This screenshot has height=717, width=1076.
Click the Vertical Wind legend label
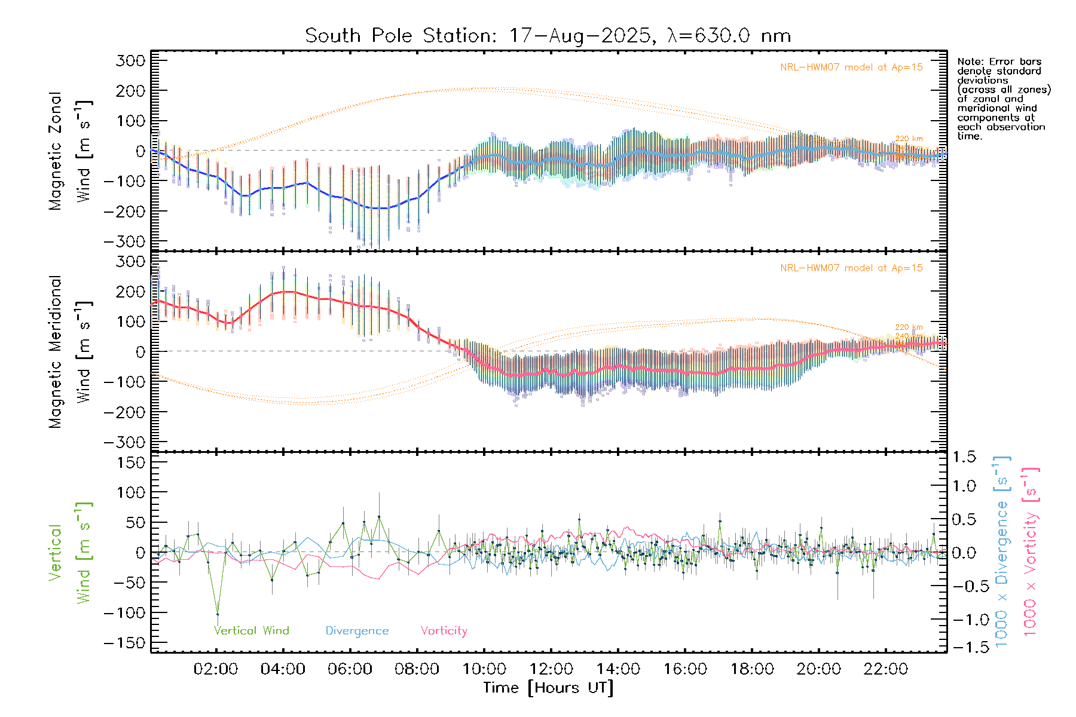click(x=251, y=630)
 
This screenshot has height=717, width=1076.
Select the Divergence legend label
click(x=357, y=630)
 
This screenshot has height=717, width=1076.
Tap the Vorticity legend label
click(x=444, y=630)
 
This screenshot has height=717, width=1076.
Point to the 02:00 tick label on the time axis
click(x=216, y=669)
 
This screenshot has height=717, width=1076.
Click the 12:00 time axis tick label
click(x=551, y=669)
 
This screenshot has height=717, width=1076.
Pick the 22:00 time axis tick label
click(x=885, y=669)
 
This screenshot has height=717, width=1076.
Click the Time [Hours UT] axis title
click(x=548, y=688)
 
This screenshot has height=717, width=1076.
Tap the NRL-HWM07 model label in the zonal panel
click(x=851, y=68)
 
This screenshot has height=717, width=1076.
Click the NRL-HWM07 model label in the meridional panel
click(x=851, y=268)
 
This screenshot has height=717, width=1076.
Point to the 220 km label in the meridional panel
click(x=909, y=327)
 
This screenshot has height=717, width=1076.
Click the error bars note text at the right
click(x=1003, y=99)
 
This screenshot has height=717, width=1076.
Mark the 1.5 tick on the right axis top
click(x=964, y=457)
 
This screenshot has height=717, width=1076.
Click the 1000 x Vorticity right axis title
click(x=1030, y=552)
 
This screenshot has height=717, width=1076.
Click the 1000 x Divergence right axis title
click(x=1001, y=552)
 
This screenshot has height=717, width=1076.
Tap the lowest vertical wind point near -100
click(x=218, y=614)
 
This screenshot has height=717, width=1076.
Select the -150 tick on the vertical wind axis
click(x=124, y=643)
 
